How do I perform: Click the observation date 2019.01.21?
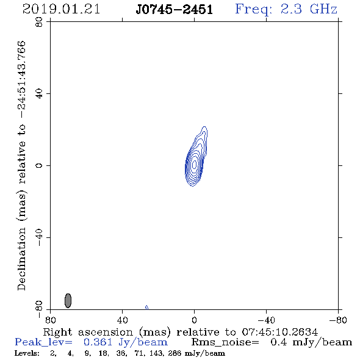click(x=61, y=9)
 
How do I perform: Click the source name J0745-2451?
click(x=175, y=10)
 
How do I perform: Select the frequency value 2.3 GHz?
click(x=309, y=9)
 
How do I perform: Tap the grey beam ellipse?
click(x=68, y=301)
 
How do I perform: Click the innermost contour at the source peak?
click(x=194, y=164)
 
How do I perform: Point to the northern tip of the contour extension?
click(x=204, y=126)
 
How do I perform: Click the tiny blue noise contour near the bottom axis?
click(x=146, y=307)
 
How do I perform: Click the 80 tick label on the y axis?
click(x=39, y=22)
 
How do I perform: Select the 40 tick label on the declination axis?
click(x=39, y=94)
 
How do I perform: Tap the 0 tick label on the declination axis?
click(x=39, y=165)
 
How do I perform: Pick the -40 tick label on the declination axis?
click(x=39, y=237)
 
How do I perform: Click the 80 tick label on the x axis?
click(x=50, y=320)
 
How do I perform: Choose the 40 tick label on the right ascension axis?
click(x=122, y=320)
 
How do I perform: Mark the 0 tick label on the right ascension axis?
click(x=194, y=320)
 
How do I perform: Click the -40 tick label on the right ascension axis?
click(x=266, y=320)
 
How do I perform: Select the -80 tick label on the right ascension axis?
click(x=338, y=320)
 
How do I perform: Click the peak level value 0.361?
click(x=98, y=342)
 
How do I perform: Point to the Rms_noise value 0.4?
click(x=279, y=342)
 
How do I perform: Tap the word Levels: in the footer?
click(x=27, y=353)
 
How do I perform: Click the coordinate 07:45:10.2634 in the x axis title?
click(x=280, y=332)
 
